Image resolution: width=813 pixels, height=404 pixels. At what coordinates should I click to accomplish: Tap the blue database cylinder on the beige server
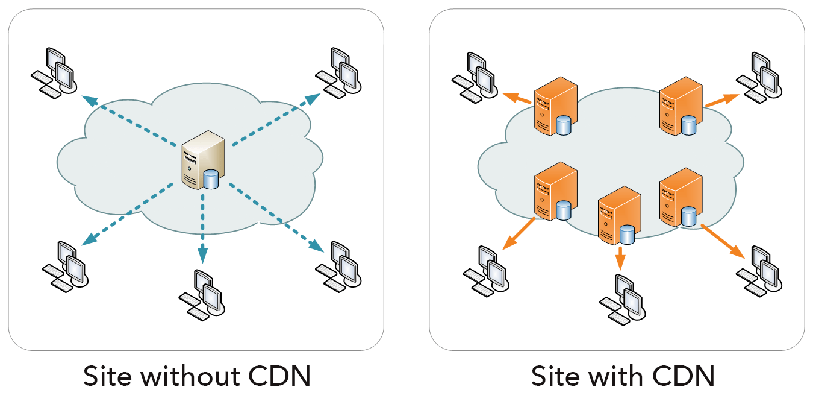point(211,180)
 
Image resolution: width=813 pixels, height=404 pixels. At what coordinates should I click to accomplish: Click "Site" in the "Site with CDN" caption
point(555,376)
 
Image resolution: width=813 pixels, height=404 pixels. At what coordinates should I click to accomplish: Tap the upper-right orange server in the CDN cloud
point(681,105)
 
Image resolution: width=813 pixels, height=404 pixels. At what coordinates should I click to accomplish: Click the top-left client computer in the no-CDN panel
point(54,72)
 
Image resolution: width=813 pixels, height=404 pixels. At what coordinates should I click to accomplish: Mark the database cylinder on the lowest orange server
point(628,234)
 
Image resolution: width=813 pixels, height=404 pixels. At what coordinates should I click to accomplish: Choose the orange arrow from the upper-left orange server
point(518,98)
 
